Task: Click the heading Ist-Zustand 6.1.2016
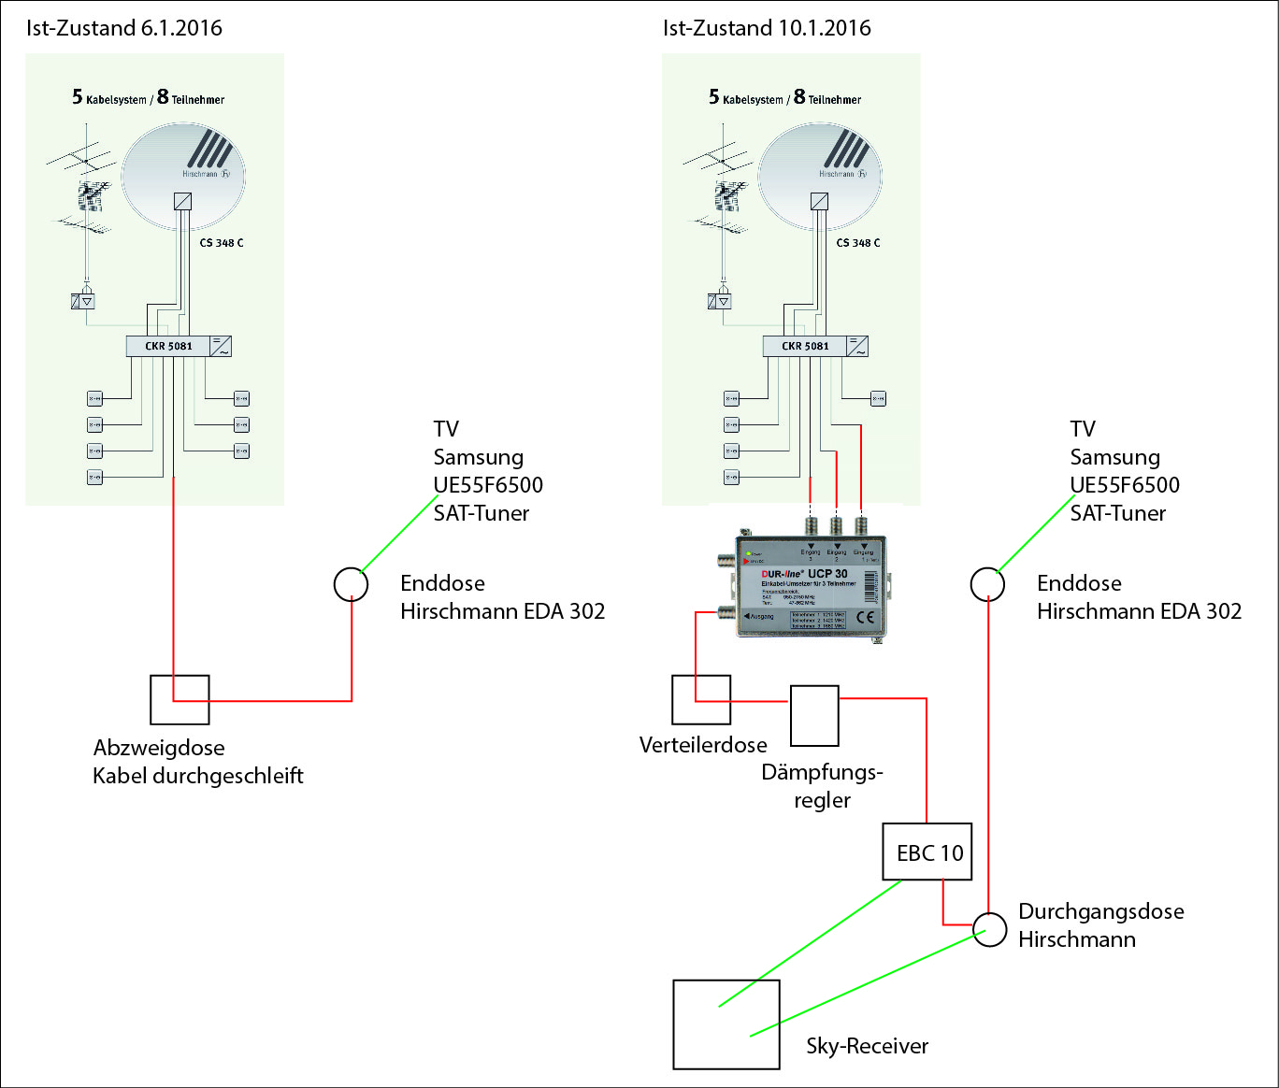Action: coord(124,28)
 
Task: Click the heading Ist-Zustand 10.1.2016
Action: coord(767,28)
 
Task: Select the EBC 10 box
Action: coord(927,852)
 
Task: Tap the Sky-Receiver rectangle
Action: coord(726,1024)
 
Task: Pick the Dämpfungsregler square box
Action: coord(814,716)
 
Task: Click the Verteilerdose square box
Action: coord(701,699)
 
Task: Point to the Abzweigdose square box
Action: coord(180,699)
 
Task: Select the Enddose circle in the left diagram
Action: coord(351,584)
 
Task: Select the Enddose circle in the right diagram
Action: coord(987,584)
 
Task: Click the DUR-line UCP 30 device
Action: coord(809,587)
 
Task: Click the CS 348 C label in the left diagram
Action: coord(222,243)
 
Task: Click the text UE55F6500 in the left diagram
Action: coord(488,485)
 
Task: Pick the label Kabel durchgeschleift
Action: coord(198,776)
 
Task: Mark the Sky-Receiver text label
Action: coord(868,1046)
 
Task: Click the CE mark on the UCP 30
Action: coord(865,617)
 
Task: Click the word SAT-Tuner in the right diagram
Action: coord(1118,513)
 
